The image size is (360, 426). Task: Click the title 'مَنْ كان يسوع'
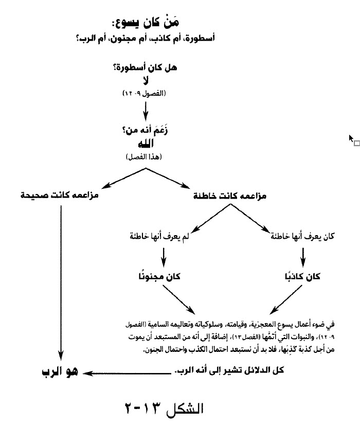(145, 24)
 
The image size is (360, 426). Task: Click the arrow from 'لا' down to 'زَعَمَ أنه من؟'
(145, 109)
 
